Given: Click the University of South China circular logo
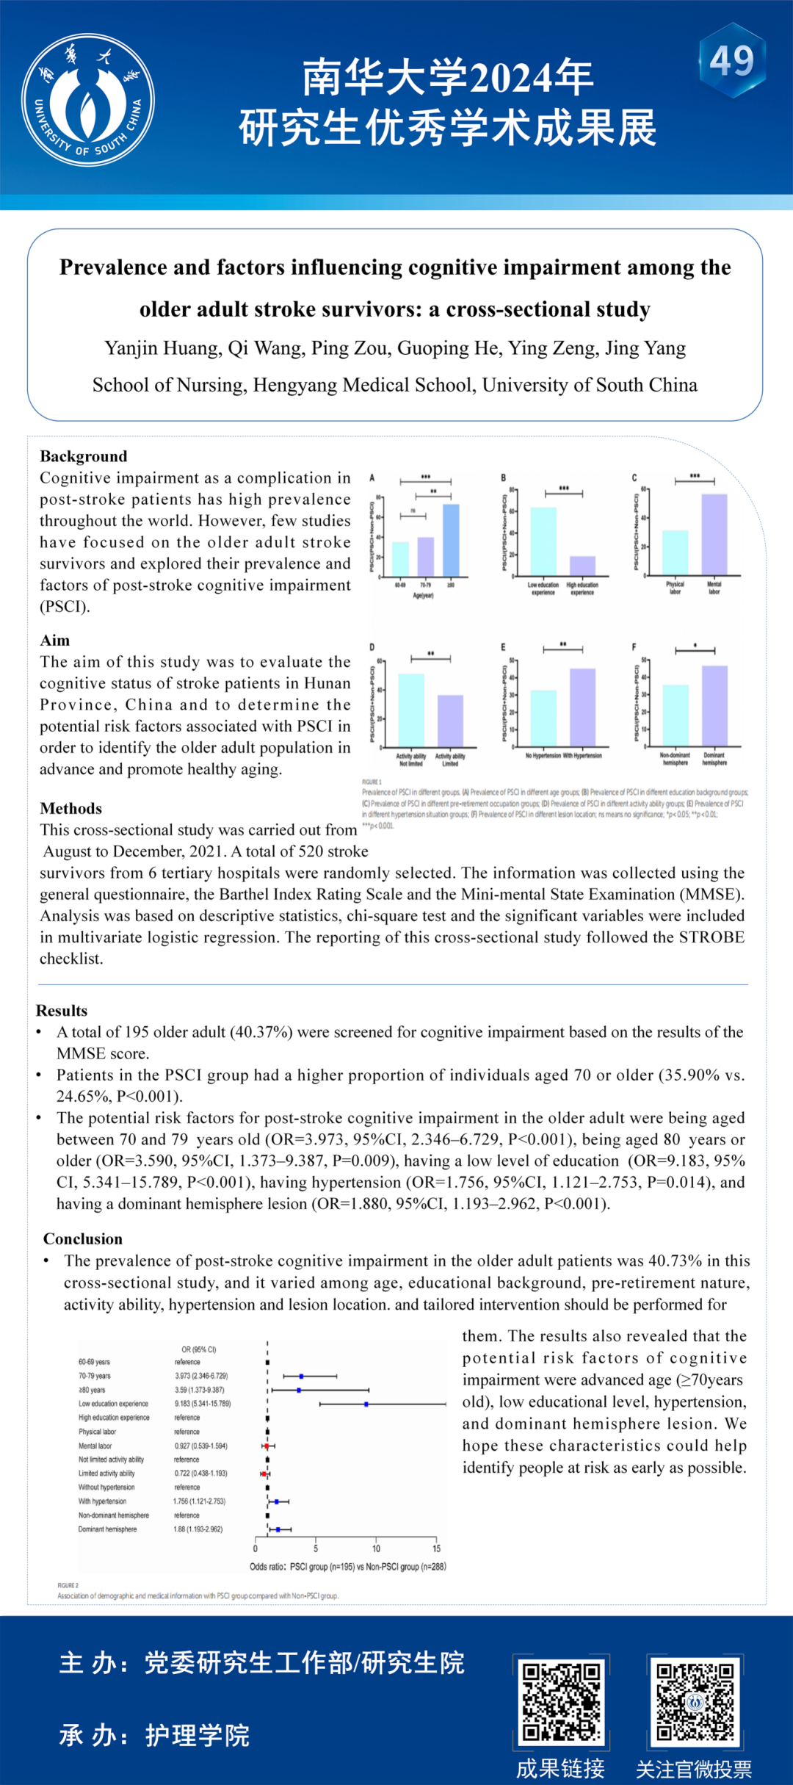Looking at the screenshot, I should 88,100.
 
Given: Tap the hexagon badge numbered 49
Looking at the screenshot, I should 731,61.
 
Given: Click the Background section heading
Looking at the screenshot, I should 83,456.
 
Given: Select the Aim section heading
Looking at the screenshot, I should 54,641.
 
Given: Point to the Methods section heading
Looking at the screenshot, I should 70,809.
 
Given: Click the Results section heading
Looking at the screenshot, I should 62,1011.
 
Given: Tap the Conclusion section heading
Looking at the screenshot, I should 82,1239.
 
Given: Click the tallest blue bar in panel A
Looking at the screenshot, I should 451,540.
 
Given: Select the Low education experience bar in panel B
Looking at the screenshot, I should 543,541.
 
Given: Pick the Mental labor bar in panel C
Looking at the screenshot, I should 714,534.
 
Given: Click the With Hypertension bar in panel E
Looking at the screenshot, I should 582,707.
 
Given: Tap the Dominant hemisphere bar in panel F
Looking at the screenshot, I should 714,705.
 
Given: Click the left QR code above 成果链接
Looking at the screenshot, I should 562,1702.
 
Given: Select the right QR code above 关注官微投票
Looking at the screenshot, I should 695,1702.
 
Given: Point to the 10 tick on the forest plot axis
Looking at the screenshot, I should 376,1548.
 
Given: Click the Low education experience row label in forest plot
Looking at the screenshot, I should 113,1404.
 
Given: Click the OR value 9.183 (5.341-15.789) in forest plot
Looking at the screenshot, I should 203,1404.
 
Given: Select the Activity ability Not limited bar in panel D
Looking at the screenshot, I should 411,710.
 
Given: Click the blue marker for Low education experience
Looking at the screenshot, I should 366,1404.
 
